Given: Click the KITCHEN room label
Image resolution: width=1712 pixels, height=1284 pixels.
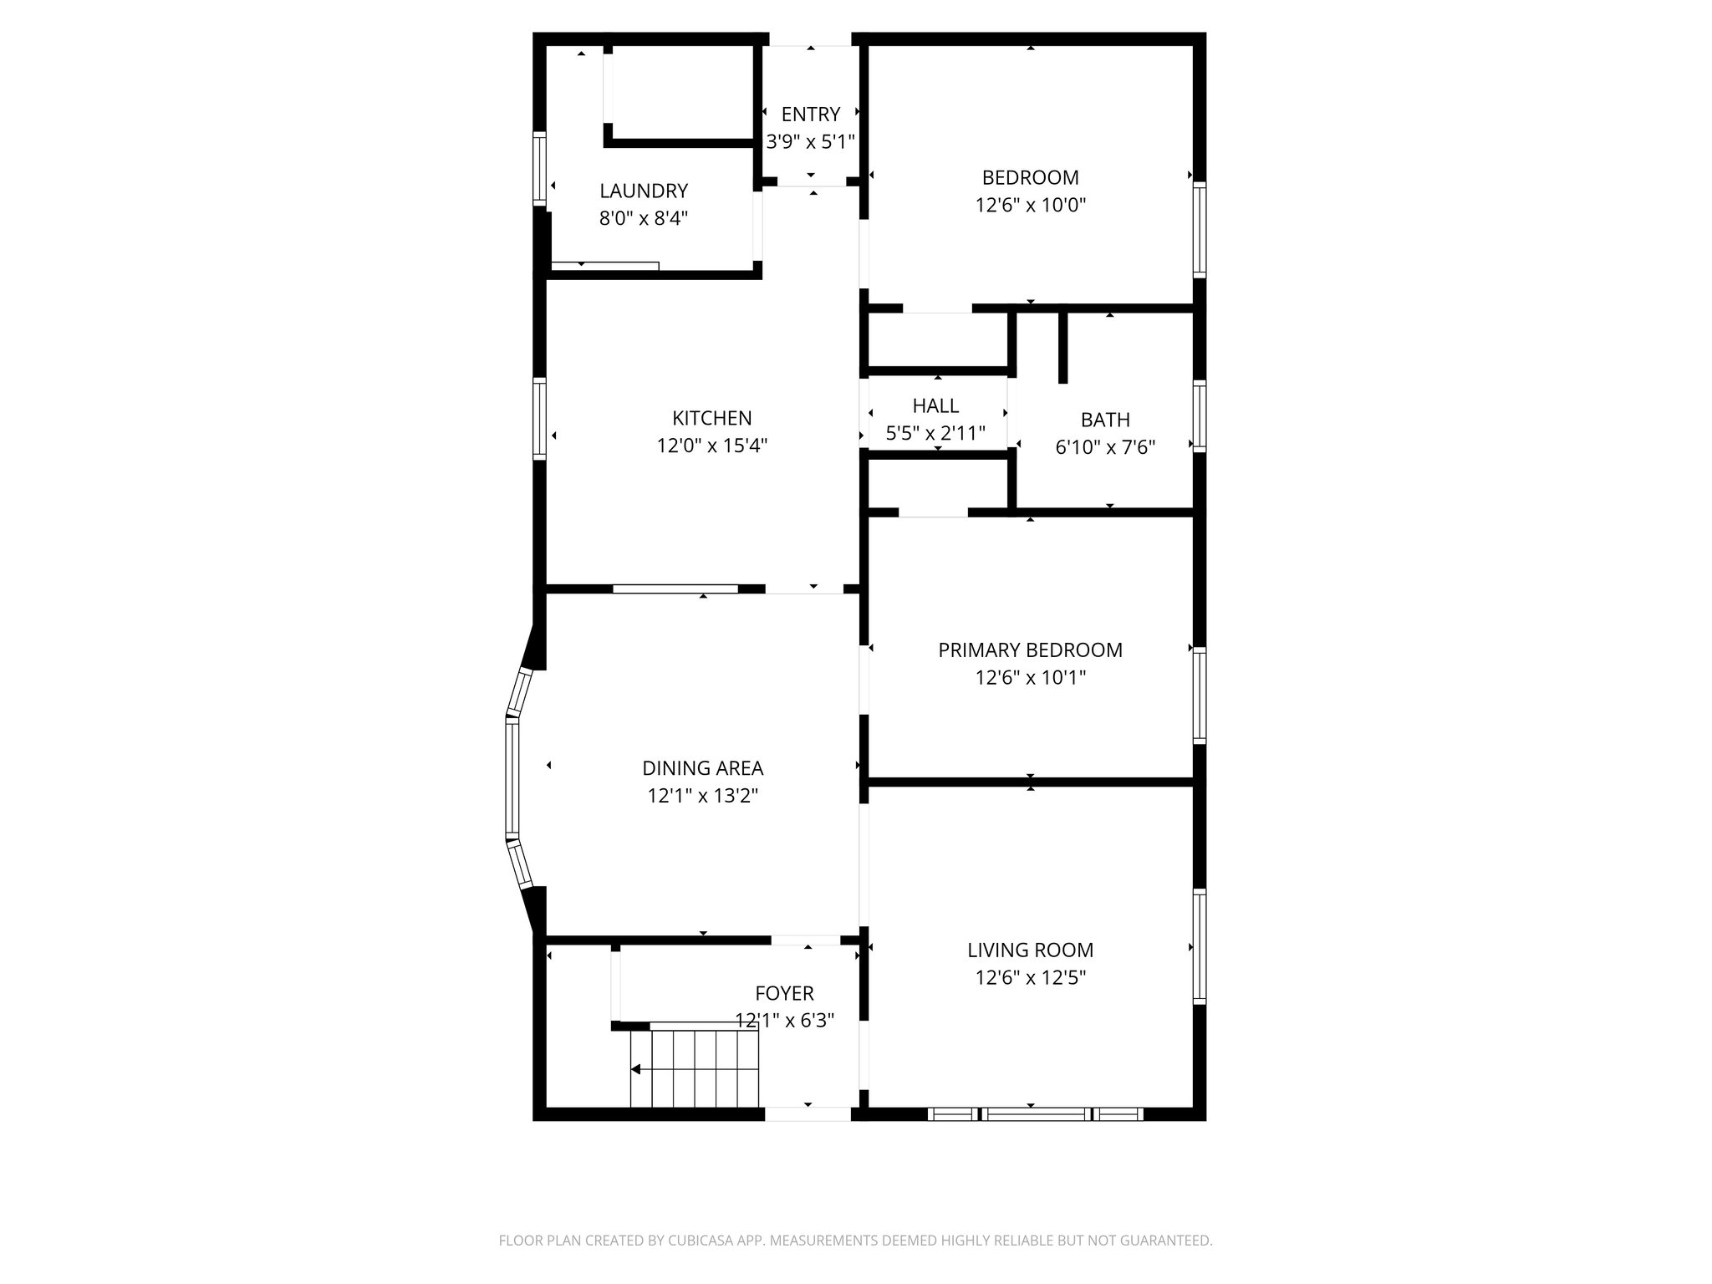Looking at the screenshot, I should tap(711, 418).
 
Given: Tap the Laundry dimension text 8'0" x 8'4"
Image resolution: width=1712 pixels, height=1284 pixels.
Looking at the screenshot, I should tap(643, 219).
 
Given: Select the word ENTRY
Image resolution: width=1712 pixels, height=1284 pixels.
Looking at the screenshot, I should tap(810, 115).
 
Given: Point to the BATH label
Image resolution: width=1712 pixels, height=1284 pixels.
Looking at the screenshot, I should tap(1105, 420).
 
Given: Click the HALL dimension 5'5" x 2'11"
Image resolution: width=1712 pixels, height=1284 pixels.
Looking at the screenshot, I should tap(935, 433).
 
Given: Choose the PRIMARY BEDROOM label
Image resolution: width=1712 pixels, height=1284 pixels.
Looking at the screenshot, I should tap(1030, 650).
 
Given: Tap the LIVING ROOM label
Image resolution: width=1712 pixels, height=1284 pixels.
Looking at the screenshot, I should tap(1030, 950).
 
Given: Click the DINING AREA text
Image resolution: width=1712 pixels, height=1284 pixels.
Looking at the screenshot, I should tap(702, 767).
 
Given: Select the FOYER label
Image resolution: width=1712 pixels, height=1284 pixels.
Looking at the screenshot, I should tap(783, 993).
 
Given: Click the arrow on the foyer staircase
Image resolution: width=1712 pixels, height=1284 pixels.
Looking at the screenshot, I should tap(636, 1069).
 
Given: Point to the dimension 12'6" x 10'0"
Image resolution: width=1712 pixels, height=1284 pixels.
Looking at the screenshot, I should tap(1030, 205).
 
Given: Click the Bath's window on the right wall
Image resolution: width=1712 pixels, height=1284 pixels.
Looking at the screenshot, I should tap(1200, 416).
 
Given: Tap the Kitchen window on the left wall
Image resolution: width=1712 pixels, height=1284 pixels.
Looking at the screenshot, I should tap(540, 418).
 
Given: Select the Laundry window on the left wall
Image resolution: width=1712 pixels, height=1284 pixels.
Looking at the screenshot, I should tap(540, 168).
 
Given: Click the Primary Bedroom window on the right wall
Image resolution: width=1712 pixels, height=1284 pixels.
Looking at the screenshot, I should tap(1200, 695).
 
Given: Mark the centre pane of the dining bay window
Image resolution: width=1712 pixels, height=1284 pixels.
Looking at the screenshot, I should tap(512, 779).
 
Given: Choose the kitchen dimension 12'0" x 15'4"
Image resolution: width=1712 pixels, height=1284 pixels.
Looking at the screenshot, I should tap(711, 446).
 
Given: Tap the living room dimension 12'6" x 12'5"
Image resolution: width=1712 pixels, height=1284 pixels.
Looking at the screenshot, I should tap(1030, 977).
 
